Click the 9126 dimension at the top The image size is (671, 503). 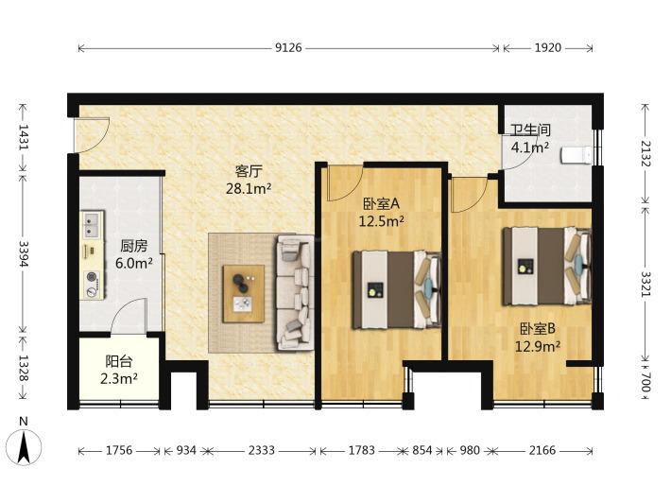288,47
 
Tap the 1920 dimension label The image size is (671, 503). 547,47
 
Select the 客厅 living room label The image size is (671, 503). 249,171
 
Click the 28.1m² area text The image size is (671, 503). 249,188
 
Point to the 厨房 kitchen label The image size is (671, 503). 133,246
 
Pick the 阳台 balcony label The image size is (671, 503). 118,362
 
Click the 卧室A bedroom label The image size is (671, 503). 381,203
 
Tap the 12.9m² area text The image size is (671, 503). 538,346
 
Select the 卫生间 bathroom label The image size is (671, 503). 530,130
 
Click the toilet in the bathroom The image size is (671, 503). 576,154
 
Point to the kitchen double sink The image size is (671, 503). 92,224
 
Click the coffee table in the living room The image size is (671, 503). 244,294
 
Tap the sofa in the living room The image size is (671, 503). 295,292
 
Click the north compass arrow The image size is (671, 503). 24,447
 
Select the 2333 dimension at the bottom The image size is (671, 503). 262,450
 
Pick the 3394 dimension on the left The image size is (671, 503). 23,253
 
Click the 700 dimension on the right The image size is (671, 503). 646,382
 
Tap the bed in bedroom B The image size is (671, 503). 547,267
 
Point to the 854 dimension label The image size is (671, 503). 422,450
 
